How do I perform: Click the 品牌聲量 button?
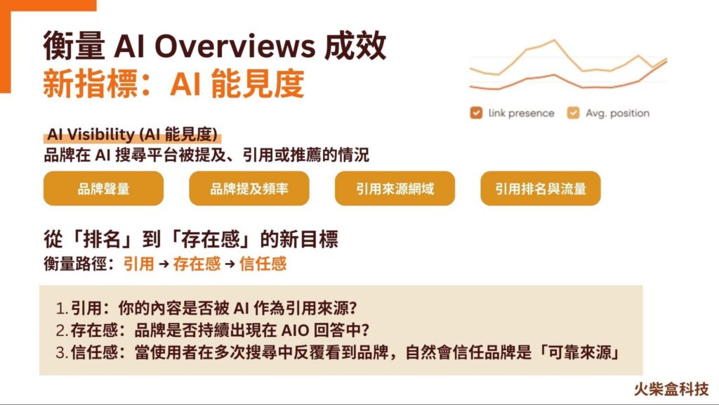[x=103, y=188]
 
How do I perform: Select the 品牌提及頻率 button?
[x=249, y=188]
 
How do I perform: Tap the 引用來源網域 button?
[x=395, y=188]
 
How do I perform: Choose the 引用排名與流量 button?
[x=540, y=188]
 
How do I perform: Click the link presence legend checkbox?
[x=476, y=112]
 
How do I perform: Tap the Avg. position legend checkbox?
[x=573, y=112]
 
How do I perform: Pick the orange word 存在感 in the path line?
[x=197, y=264]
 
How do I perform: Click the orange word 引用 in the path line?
[x=138, y=264]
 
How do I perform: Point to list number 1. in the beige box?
[x=61, y=308]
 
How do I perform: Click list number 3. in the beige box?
[x=61, y=353]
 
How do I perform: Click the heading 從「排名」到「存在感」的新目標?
[x=190, y=239]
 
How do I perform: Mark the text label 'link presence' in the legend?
[x=521, y=112]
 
